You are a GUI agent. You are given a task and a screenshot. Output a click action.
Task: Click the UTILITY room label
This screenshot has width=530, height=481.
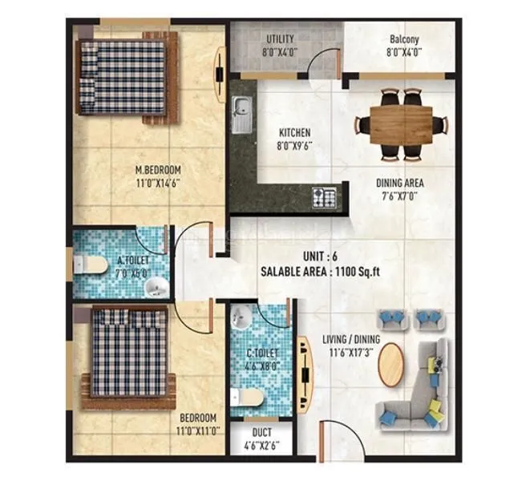click(x=280, y=38)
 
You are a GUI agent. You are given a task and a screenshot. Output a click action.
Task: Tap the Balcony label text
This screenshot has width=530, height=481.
click(x=404, y=38)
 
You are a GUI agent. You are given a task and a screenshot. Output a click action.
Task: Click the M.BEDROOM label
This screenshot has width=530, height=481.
click(x=157, y=170)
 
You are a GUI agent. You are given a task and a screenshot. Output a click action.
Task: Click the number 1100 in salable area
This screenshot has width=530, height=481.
click(x=355, y=272)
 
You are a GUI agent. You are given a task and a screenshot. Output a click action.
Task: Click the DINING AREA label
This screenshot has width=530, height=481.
click(x=399, y=183)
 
